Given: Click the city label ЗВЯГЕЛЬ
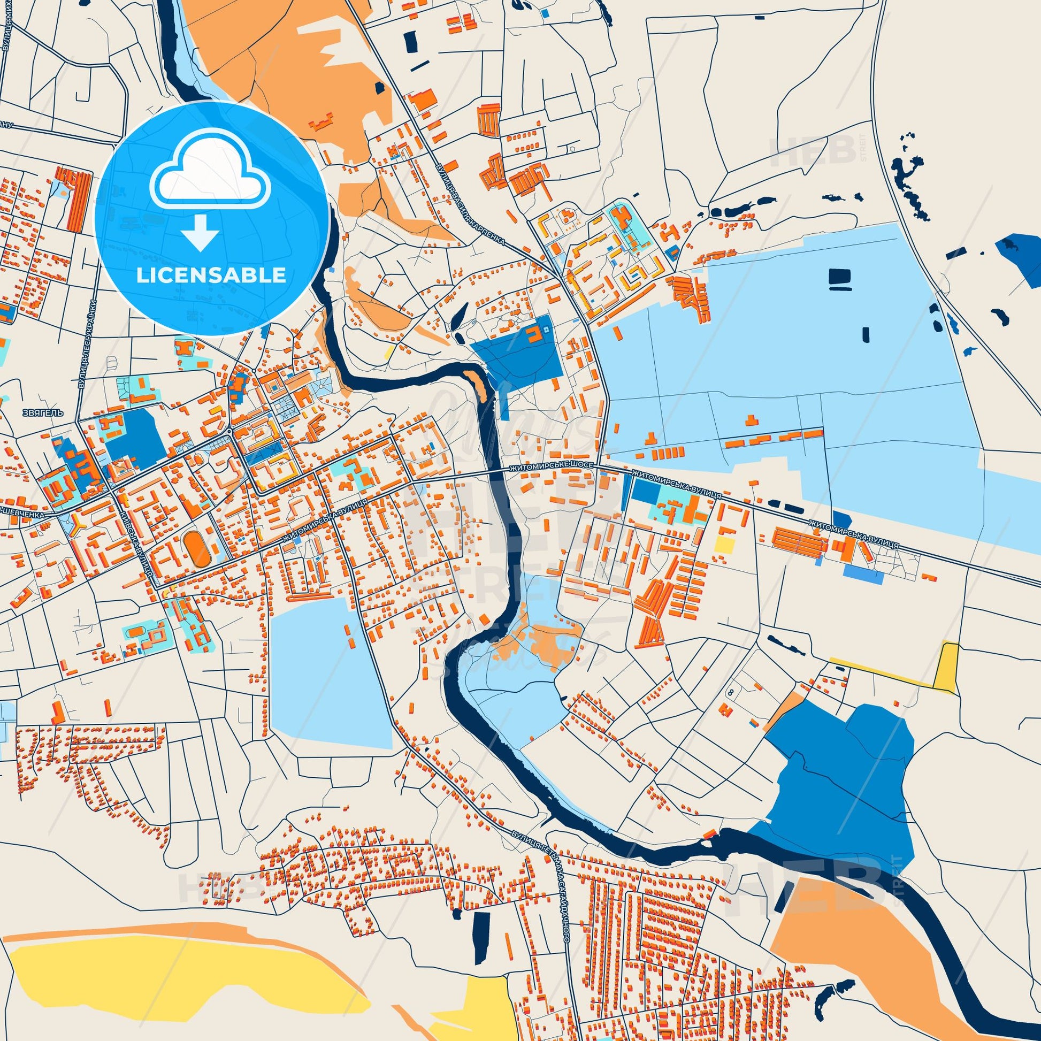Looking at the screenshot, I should (44, 413).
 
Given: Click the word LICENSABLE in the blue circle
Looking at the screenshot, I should (211, 275).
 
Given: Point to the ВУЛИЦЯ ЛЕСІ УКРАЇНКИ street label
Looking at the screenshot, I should (88, 343).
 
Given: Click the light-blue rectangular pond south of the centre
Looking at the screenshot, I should (330, 672).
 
